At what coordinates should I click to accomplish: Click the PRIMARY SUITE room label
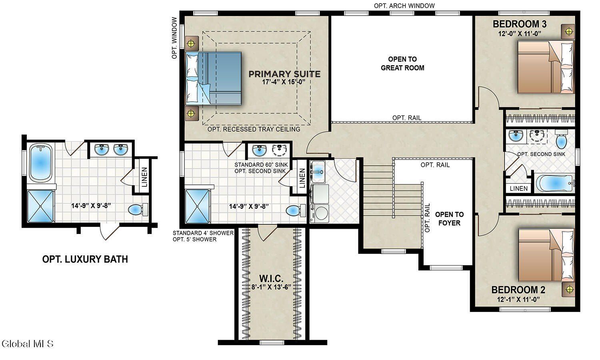pyautogui.click(x=284, y=74)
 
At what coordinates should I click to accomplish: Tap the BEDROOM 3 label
pyautogui.click(x=519, y=24)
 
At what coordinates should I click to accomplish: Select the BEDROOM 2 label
pyautogui.click(x=518, y=290)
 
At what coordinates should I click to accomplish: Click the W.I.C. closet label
pyautogui.click(x=271, y=279)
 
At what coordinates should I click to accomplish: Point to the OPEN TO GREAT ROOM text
pyautogui.click(x=402, y=64)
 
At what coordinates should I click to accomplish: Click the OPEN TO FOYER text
pyautogui.click(x=449, y=219)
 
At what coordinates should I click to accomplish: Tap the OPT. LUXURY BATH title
pyautogui.click(x=85, y=259)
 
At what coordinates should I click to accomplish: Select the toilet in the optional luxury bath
pyautogui.click(x=138, y=209)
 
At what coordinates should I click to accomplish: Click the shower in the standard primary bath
pyautogui.click(x=198, y=206)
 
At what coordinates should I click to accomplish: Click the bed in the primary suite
pyautogui.click(x=214, y=78)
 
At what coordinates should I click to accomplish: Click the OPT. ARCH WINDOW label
pyautogui.click(x=404, y=6)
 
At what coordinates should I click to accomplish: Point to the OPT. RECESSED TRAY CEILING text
pyautogui.click(x=254, y=130)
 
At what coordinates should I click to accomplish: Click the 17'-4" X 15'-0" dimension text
pyautogui.click(x=284, y=82)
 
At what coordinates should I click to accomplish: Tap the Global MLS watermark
pyautogui.click(x=27, y=344)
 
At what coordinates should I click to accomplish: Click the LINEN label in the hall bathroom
pyautogui.click(x=518, y=188)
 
